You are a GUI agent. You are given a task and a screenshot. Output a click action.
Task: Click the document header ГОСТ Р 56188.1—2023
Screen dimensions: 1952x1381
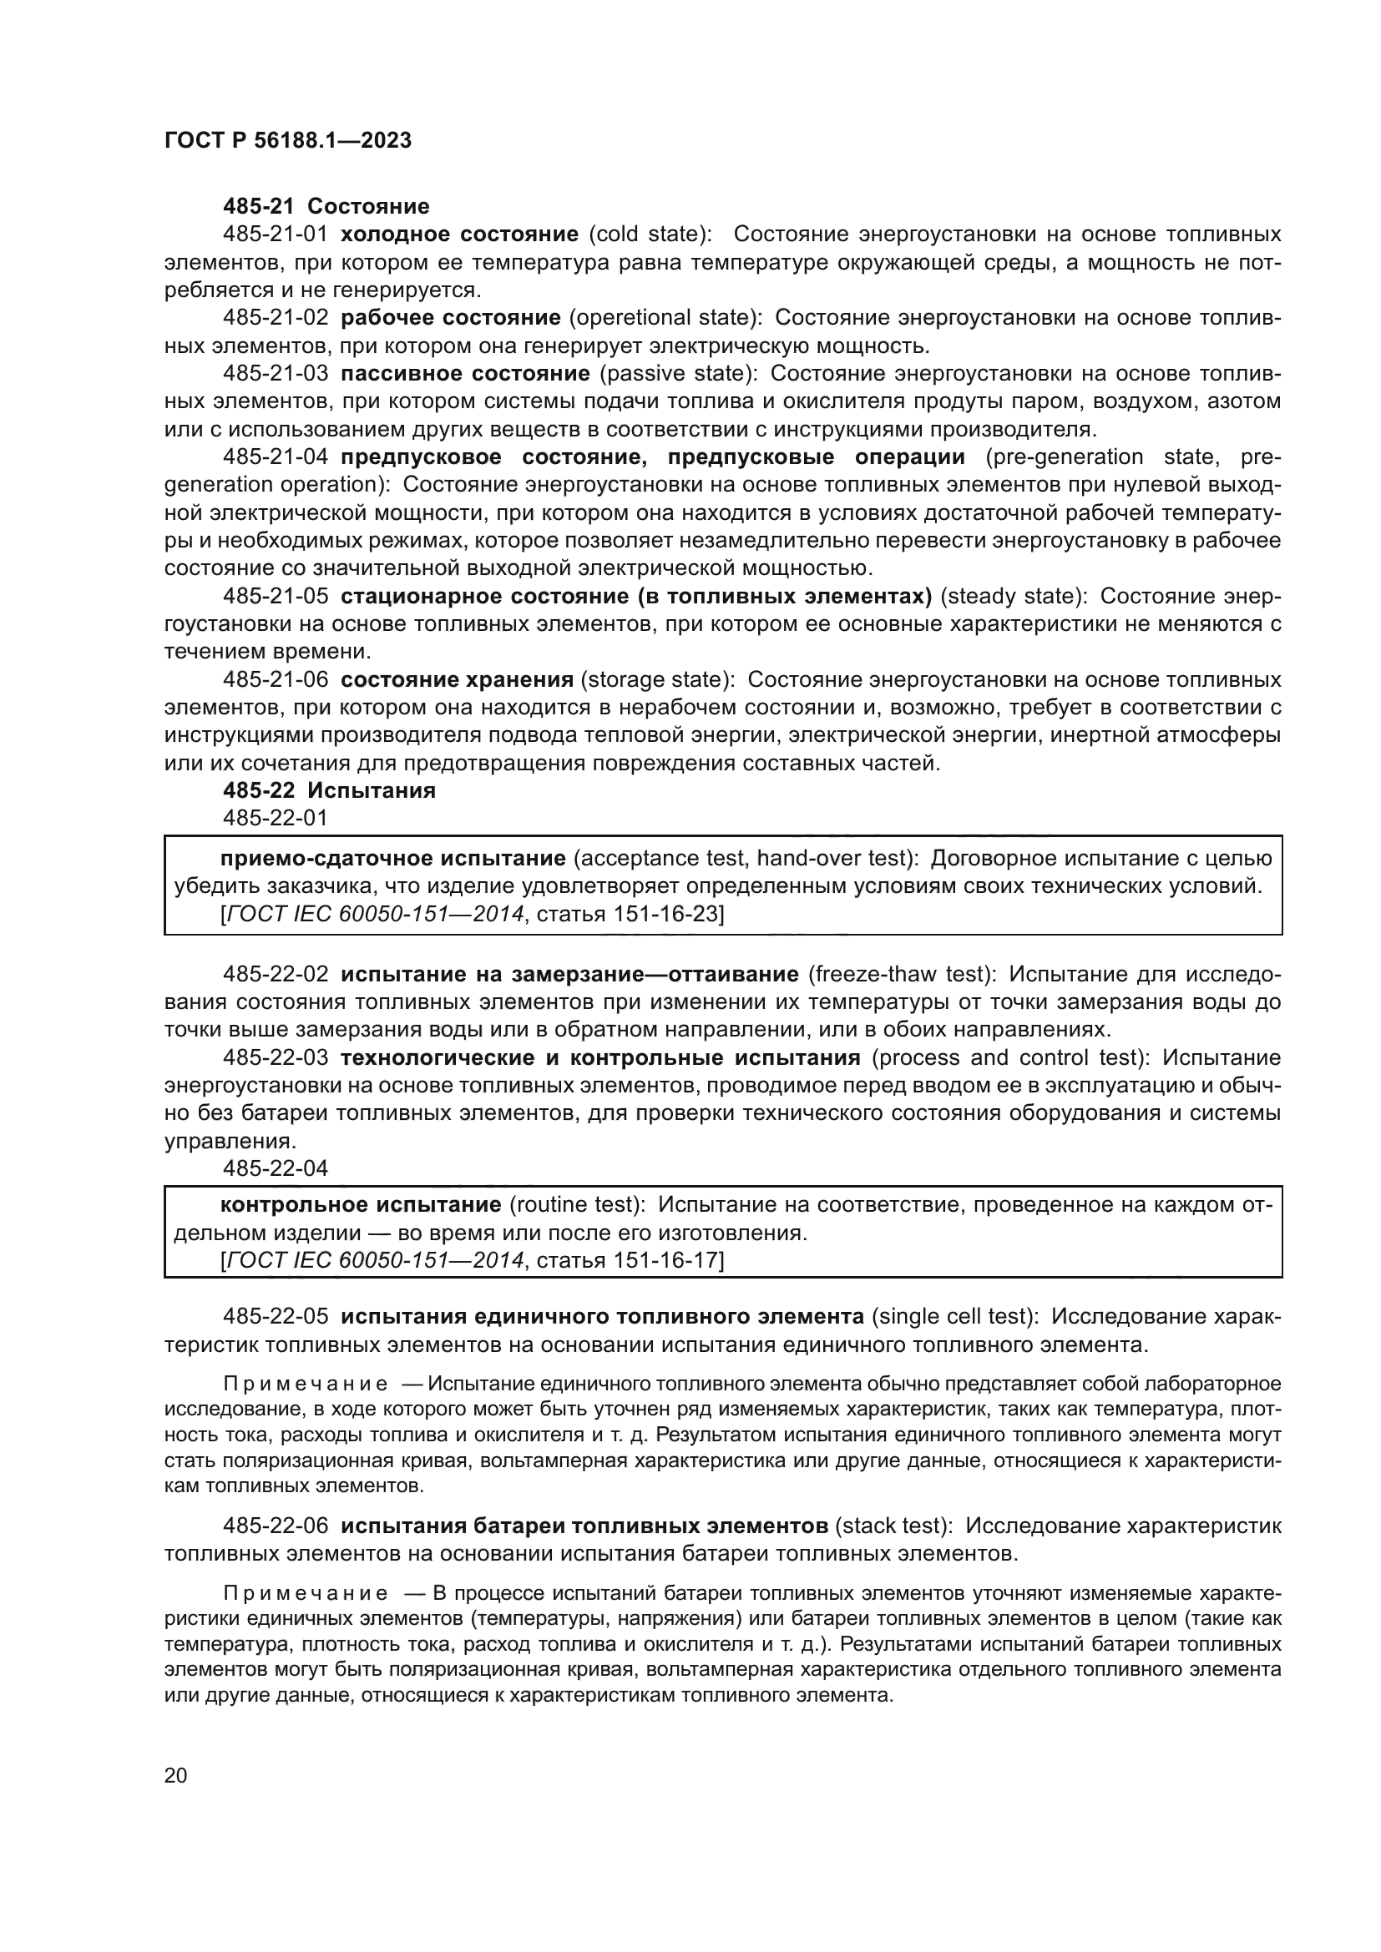click(287, 140)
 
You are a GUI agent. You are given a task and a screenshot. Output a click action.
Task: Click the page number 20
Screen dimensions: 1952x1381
click(175, 1775)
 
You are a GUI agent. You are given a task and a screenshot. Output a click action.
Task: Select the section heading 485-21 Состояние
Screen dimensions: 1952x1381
click(326, 206)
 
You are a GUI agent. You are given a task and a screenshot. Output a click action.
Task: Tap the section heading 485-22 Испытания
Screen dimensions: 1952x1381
click(329, 790)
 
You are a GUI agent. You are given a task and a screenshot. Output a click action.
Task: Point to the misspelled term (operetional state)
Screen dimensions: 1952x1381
click(664, 318)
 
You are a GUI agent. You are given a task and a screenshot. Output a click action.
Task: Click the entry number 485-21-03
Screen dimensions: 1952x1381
click(275, 374)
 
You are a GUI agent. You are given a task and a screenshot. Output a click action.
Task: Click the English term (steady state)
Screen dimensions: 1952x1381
click(1014, 597)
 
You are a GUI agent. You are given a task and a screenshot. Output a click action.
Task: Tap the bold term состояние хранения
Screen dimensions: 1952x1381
click(457, 680)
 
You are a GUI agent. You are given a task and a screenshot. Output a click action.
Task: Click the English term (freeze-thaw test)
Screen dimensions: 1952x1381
click(901, 973)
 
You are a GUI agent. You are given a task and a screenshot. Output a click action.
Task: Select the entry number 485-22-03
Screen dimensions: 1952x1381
click(275, 1057)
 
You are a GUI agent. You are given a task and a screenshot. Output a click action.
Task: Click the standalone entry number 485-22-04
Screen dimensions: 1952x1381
click(275, 1168)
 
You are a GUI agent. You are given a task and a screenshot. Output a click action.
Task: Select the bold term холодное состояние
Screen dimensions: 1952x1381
click(459, 234)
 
